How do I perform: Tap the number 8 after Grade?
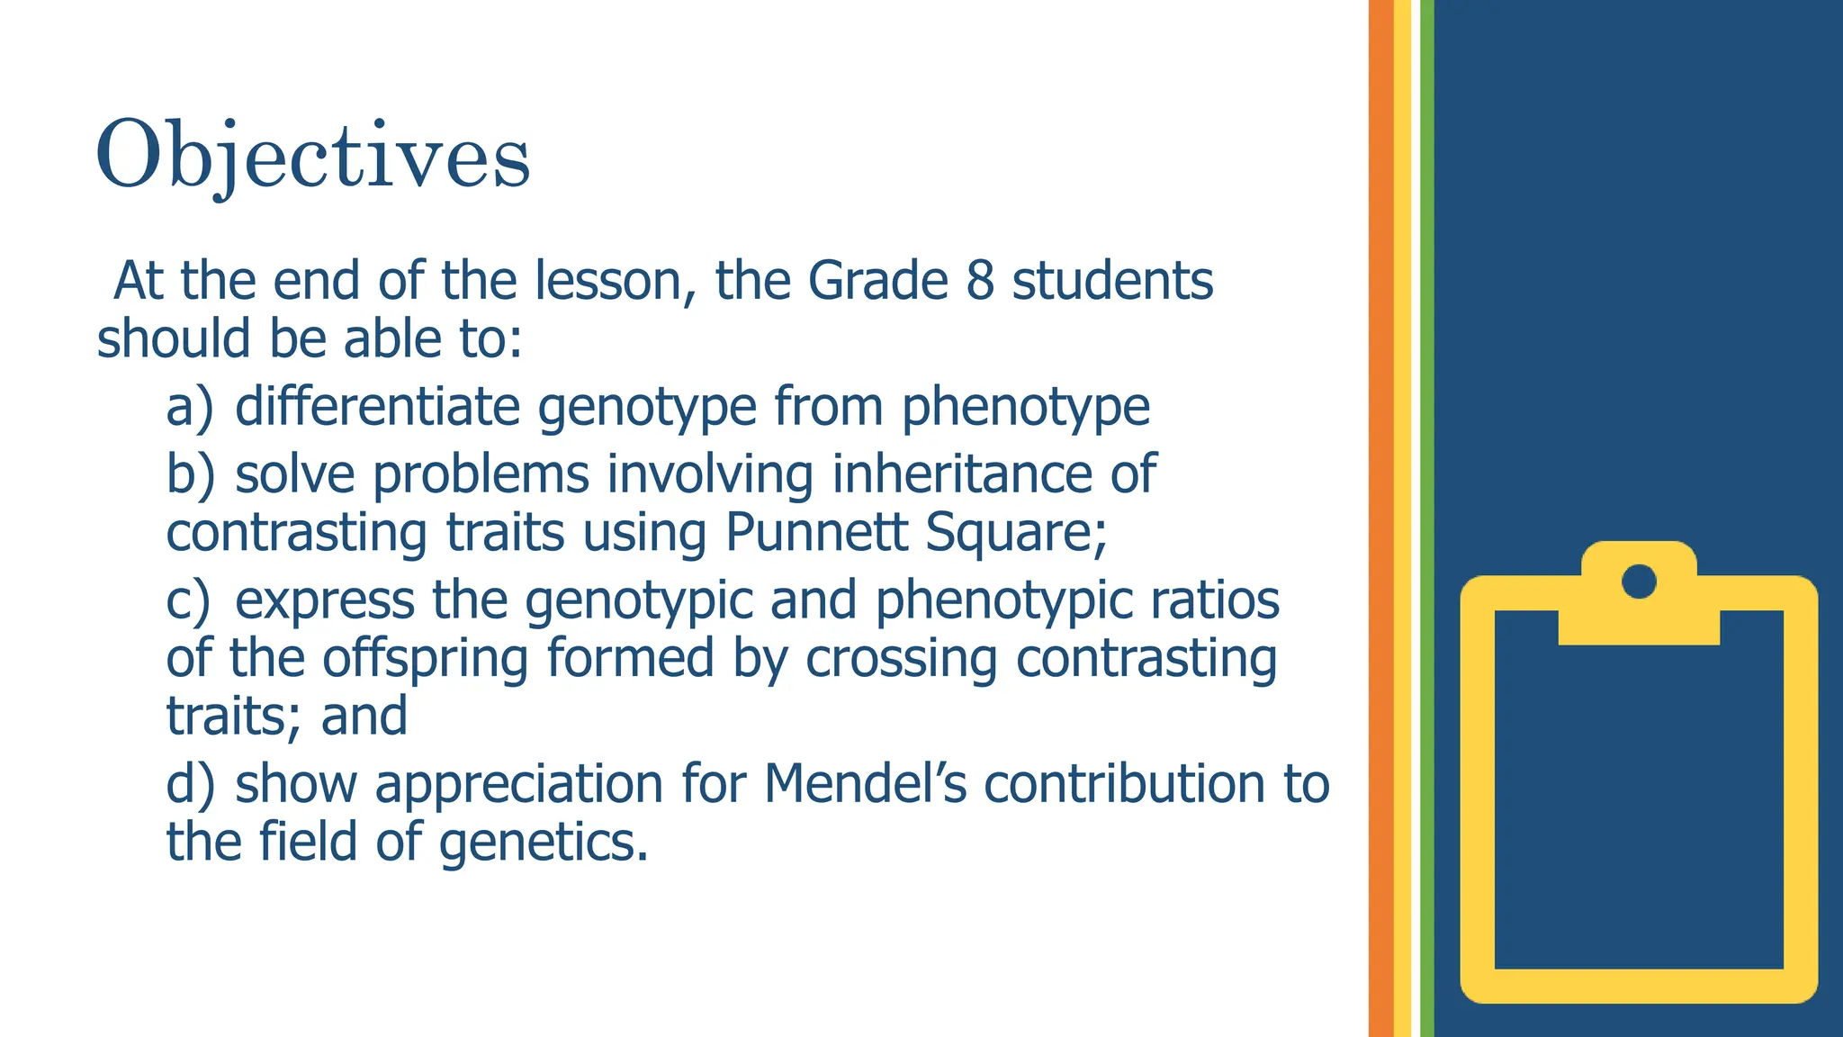(x=980, y=281)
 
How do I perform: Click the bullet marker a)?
(x=190, y=407)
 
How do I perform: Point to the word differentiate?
(x=377, y=407)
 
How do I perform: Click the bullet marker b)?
(x=190, y=474)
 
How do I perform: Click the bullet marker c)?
(x=188, y=600)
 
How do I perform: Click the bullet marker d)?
(x=190, y=784)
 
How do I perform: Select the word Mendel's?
(x=865, y=784)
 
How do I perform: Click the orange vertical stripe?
(x=1380, y=518)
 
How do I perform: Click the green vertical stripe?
(x=1427, y=518)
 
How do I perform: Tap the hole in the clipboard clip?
(x=1639, y=581)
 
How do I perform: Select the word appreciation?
(x=519, y=786)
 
